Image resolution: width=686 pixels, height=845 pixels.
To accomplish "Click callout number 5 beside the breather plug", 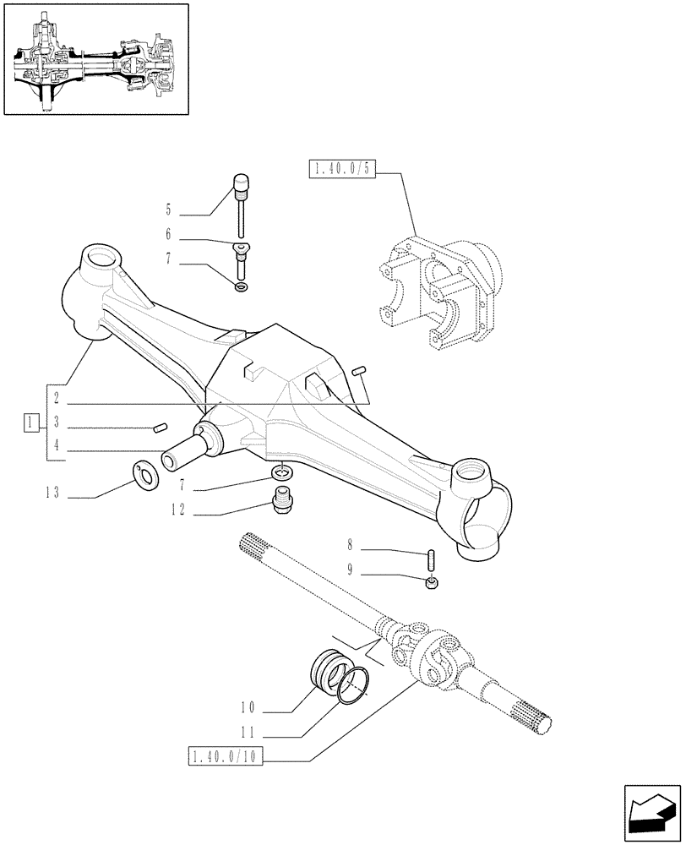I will pos(168,210).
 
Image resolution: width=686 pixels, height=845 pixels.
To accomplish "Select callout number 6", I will pos(168,236).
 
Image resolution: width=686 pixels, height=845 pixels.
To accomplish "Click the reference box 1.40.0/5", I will pos(342,171).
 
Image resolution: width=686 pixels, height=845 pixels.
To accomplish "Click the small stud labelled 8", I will pos(430,559).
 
